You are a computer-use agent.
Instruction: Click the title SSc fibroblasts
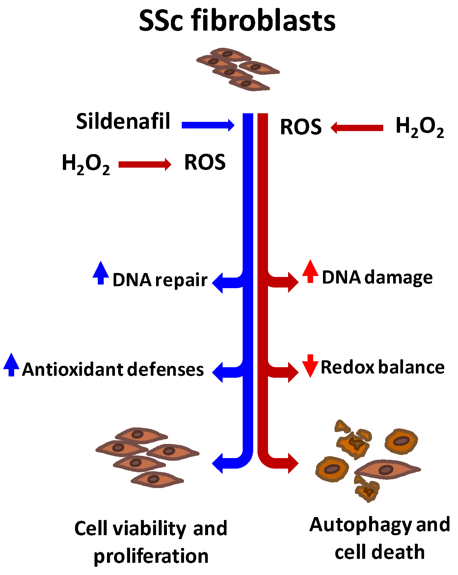pyautogui.click(x=237, y=20)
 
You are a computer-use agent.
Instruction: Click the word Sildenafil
pyautogui.click(x=123, y=121)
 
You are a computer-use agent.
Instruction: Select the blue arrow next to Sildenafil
pyautogui.click(x=208, y=125)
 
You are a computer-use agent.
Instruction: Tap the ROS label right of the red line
pyautogui.click(x=301, y=127)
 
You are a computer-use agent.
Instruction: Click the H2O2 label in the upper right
pyautogui.click(x=419, y=127)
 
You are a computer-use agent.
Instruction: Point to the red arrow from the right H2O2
pyautogui.click(x=357, y=128)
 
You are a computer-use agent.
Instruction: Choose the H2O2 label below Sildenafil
pyautogui.click(x=86, y=164)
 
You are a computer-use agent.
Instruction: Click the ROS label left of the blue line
pyautogui.click(x=205, y=162)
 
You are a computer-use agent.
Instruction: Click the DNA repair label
pyautogui.click(x=160, y=280)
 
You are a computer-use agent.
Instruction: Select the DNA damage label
pyautogui.click(x=377, y=277)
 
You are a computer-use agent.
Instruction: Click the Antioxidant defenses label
pyautogui.click(x=113, y=369)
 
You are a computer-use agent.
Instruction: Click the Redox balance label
pyautogui.click(x=382, y=367)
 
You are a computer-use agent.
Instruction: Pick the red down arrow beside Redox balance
pyautogui.click(x=310, y=366)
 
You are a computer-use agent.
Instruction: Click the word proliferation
pyautogui.click(x=151, y=557)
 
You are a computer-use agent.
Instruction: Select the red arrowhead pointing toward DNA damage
pyautogui.click(x=292, y=282)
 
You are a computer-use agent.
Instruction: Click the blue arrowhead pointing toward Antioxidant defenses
pyautogui.click(x=218, y=372)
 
